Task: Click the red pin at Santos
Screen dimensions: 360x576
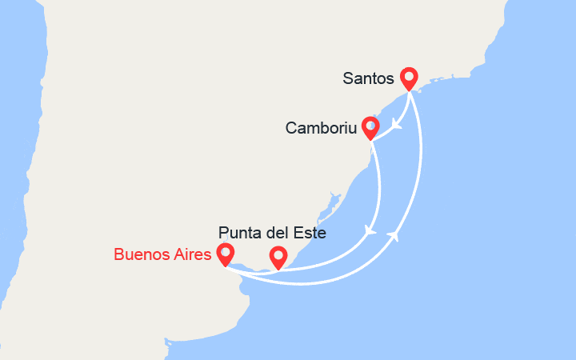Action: pos(409,78)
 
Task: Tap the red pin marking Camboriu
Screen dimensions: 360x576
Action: pos(370,127)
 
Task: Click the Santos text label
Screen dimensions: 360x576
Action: pos(368,78)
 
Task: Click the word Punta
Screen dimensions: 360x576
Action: pos(238,234)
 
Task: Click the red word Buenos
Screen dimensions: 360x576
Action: pos(139,255)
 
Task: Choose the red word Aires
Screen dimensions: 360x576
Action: pos(191,255)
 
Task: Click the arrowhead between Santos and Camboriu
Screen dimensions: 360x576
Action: pos(396,125)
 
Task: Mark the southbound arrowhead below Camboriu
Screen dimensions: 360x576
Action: pos(370,231)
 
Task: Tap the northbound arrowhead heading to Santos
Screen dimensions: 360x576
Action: pos(394,235)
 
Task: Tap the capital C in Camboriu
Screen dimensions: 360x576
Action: pos(290,128)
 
